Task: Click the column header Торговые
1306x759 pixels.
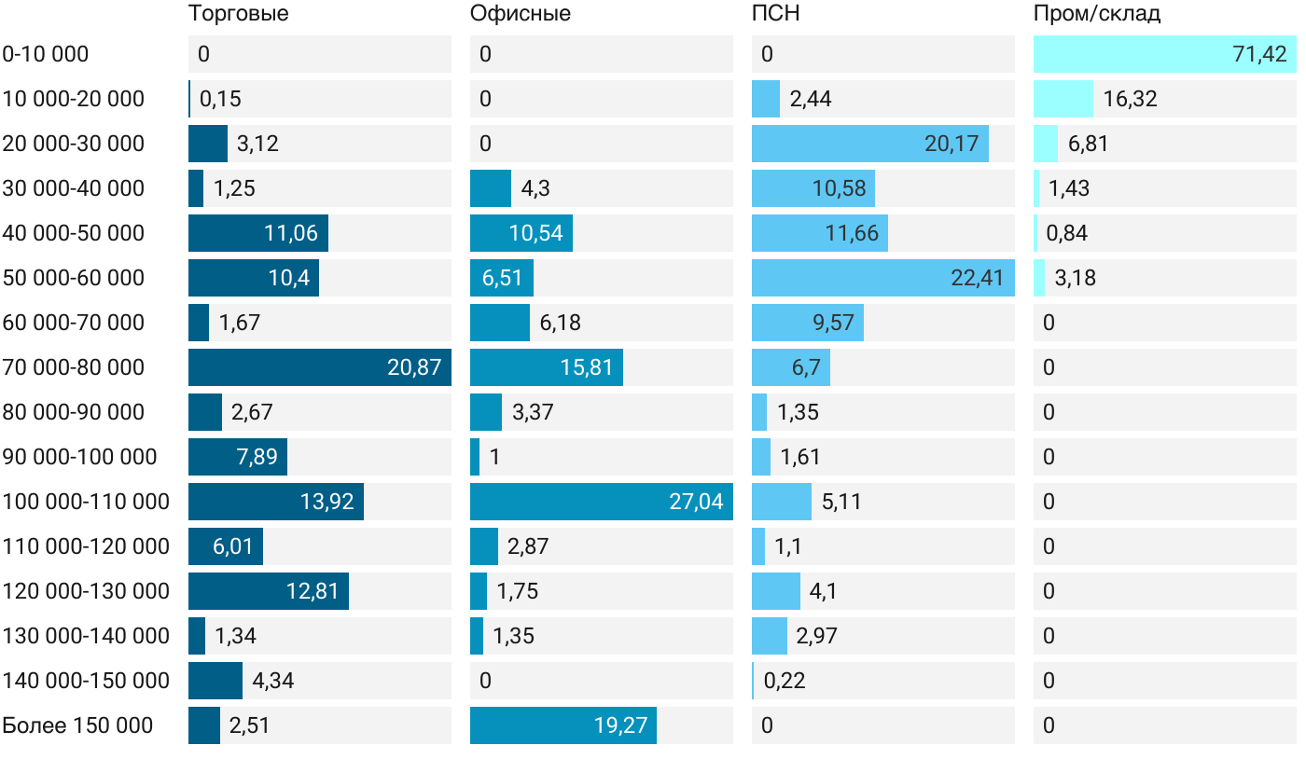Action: (x=238, y=14)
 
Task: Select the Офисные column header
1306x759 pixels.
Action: (x=521, y=14)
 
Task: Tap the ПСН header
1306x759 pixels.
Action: (x=776, y=14)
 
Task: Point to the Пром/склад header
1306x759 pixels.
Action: (x=1097, y=14)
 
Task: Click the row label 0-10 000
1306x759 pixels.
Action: (x=46, y=54)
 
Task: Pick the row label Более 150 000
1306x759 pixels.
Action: (x=77, y=725)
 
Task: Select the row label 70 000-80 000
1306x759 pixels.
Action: (x=74, y=367)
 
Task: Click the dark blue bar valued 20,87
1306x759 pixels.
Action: (x=320, y=367)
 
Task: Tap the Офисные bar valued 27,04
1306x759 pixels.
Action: (x=602, y=502)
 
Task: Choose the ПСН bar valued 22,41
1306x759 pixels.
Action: (x=883, y=278)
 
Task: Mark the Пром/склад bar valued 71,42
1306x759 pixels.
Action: (x=1165, y=54)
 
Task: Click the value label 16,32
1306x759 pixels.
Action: (x=1130, y=99)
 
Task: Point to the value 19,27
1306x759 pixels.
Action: (x=620, y=725)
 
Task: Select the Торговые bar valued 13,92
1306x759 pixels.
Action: (x=276, y=502)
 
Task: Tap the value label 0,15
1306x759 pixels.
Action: (x=221, y=99)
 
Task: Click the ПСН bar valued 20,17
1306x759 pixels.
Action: (x=870, y=144)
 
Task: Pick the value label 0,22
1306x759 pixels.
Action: (x=785, y=681)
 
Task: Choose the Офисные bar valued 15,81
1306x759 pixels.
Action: (x=547, y=367)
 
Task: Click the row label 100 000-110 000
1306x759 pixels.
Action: (x=86, y=502)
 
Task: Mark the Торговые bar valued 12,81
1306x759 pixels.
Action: (x=269, y=591)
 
